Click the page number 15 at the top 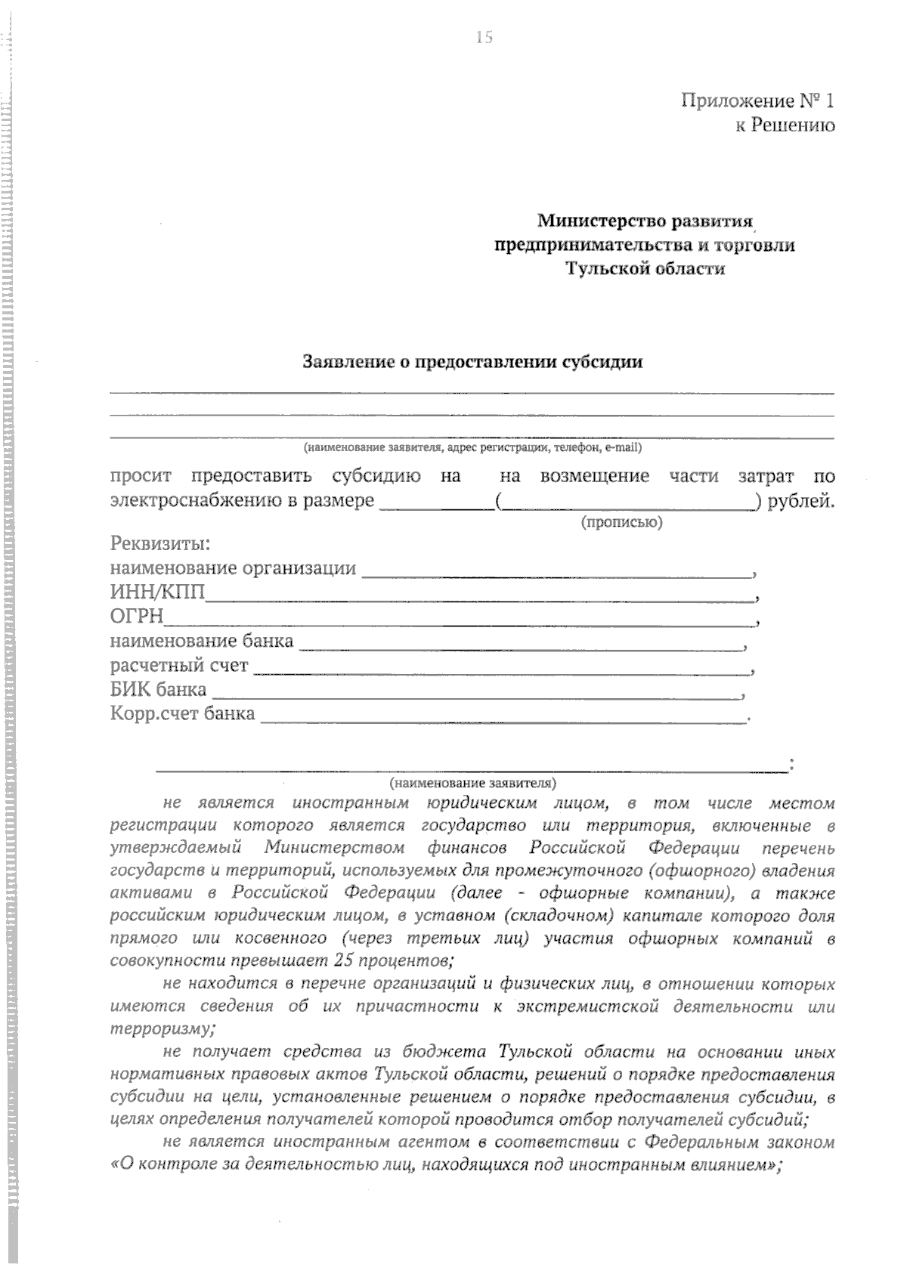point(484,37)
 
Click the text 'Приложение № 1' point(758,100)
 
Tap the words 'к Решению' point(785,125)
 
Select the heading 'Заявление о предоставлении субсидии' point(472,362)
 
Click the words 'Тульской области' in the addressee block point(645,269)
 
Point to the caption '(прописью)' point(621,522)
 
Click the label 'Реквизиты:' point(160,544)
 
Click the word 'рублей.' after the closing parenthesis point(801,501)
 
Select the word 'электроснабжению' point(193,501)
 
